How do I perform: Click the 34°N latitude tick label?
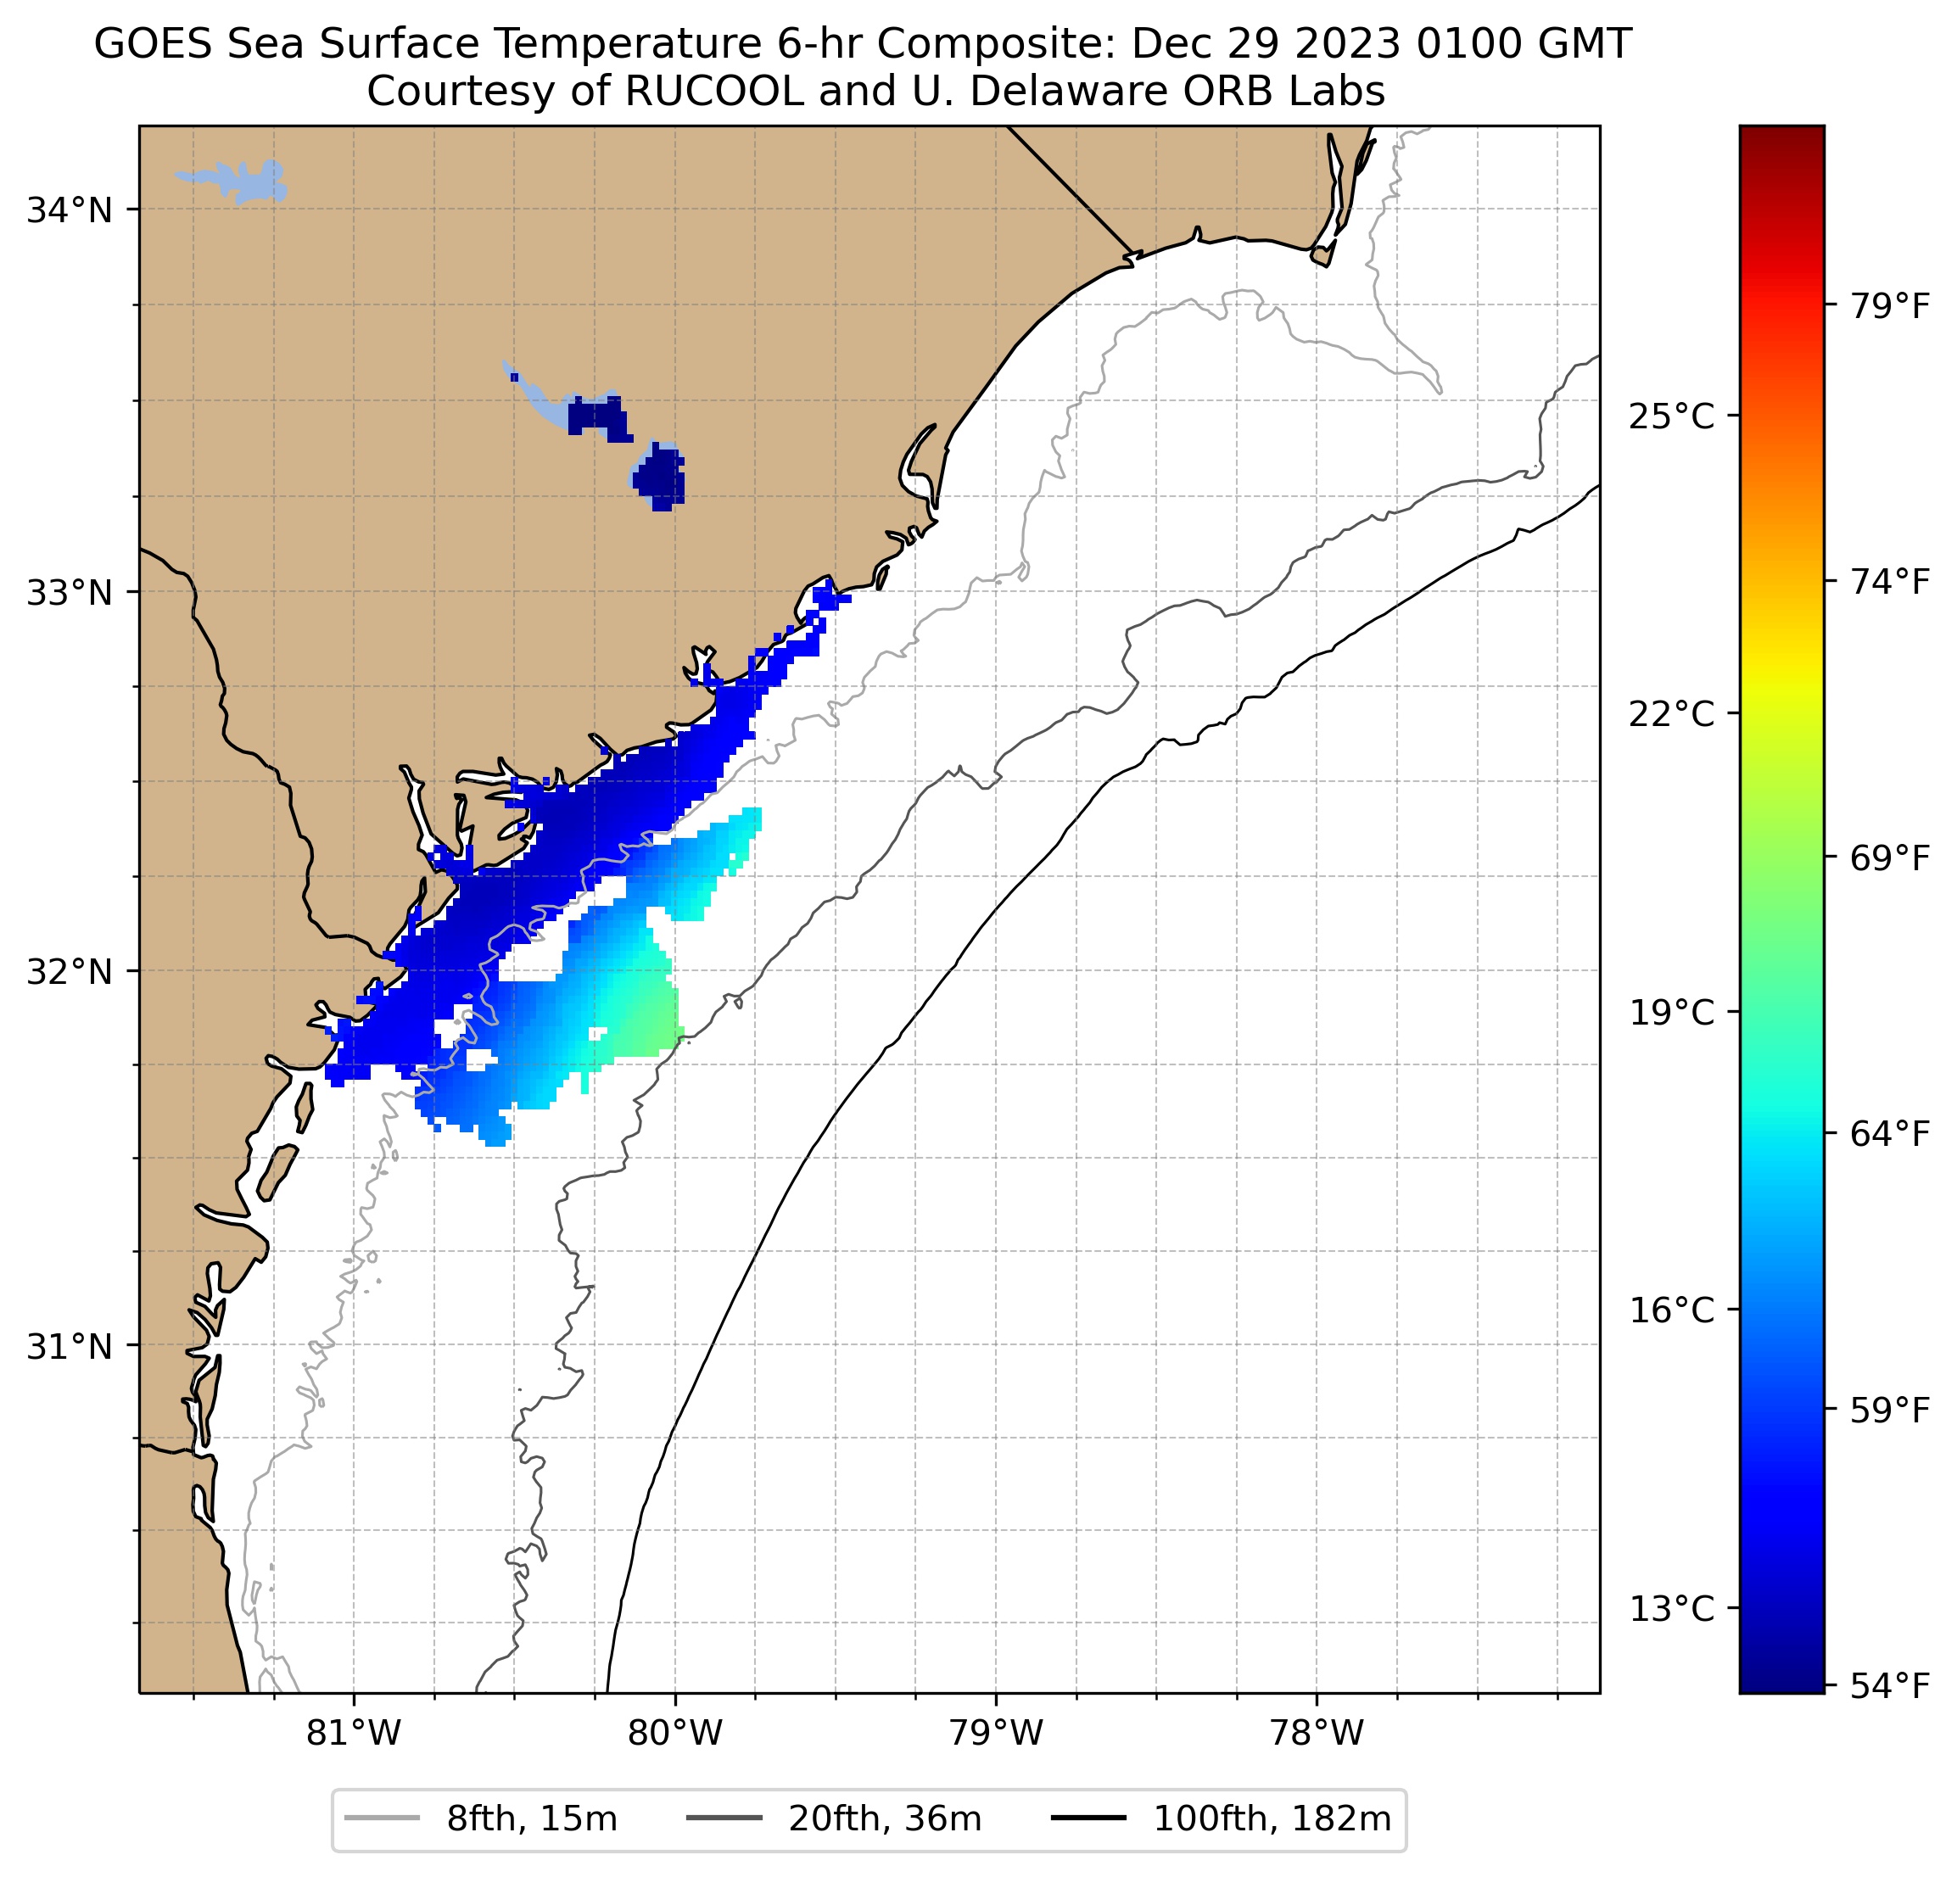click(68, 212)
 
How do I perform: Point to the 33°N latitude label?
click(68, 593)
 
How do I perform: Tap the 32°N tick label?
click(68, 971)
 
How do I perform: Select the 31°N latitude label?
click(68, 1348)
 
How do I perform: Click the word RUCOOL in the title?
click(714, 92)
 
